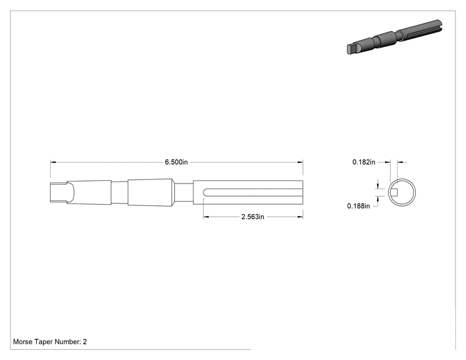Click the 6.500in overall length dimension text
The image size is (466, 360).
[176, 162]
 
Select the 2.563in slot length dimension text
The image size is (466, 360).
[252, 217]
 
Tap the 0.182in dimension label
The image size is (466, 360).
[364, 162]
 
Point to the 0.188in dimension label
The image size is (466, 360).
[358, 206]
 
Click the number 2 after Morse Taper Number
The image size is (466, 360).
[85, 342]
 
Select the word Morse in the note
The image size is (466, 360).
[23, 342]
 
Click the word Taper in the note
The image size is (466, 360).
[43, 342]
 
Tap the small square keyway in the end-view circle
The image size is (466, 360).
[394, 192]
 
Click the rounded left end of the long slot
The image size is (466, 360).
[205, 192]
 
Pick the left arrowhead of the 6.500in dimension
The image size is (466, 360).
[53, 162]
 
